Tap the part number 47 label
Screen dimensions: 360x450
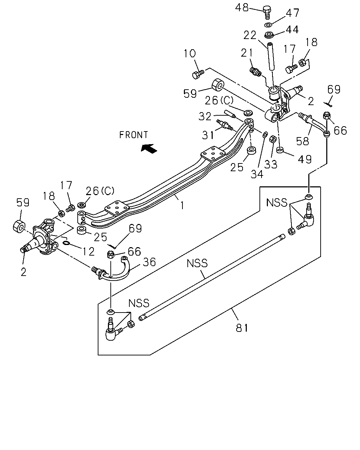click(x=292, y=13)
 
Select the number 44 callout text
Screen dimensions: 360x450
click(x=292, y=30)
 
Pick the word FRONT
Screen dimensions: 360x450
click(x=134, y=135)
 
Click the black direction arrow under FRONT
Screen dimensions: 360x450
click(x=149, y=148)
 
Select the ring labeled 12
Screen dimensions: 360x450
click(x=66, y=243)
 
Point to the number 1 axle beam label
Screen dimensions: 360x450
click(x=182, y=206)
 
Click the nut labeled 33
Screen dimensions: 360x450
click(x=272, y=139)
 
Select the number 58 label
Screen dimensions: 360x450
click(x=302, y=141)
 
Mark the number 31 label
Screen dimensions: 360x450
click(x=208, y=135)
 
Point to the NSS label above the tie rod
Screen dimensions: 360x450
click(x=197, y=263)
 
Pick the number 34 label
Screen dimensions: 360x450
click(x=257, y=174)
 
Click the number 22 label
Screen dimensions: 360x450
click(x=250, y=35)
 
